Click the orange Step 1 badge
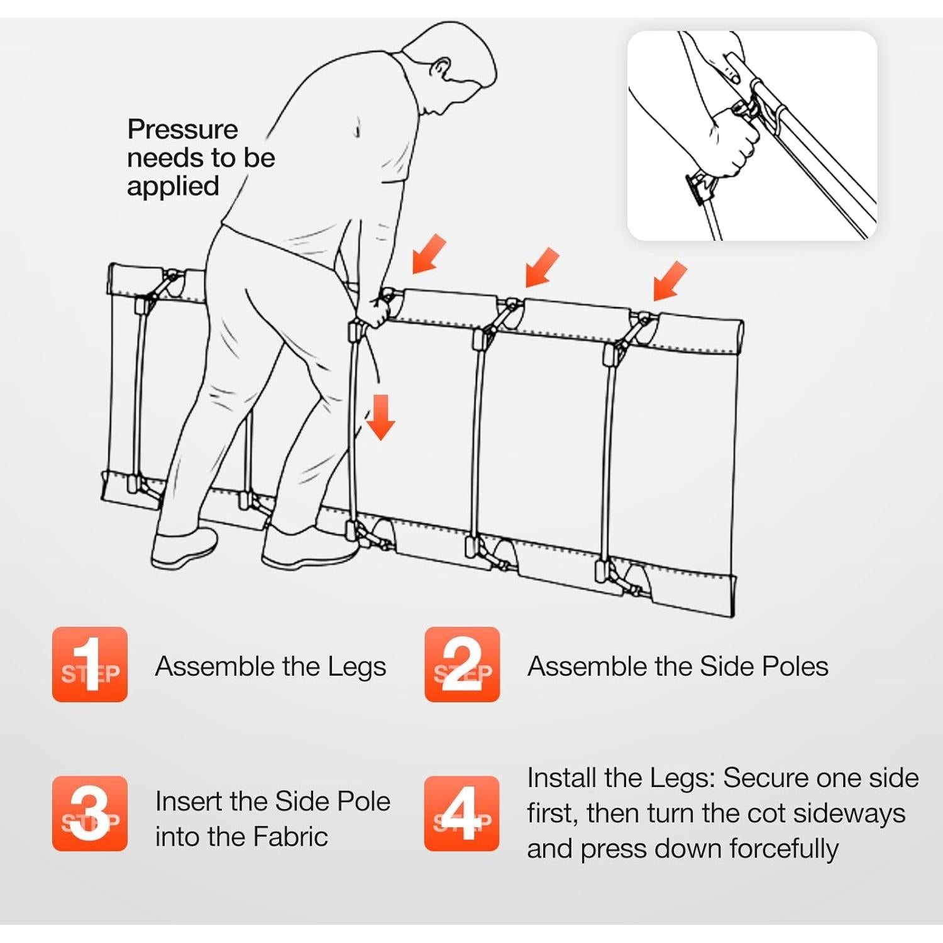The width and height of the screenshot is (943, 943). click(90, 665)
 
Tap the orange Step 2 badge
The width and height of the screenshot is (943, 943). click(462, 665)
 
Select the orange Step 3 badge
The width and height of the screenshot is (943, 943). click(90, 813)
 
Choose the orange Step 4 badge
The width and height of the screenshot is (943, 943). click(462, 813)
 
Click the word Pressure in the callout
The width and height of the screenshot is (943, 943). click(182, 130)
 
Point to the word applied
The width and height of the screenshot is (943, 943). click(173, 187)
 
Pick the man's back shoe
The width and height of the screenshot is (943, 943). click(184, 548)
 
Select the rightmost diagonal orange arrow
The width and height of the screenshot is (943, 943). click(670, 281)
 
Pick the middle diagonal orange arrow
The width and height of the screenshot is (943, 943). click(542, 267)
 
